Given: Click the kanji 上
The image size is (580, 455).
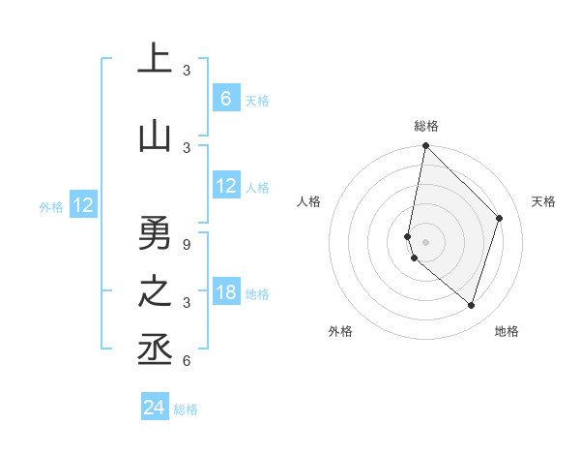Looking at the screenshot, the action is pyautogui.click(x=155, y=60).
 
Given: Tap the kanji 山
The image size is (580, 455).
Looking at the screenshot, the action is pyautogui.click(x=155, y=136).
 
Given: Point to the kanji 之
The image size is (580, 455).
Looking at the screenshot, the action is pyautogui.click(x=155, y=291).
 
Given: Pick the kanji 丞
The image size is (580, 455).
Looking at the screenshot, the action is pyautogui.click(x=155, y=349).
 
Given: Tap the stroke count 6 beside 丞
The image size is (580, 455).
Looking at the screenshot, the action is pyautogui.click(x=187, y=361).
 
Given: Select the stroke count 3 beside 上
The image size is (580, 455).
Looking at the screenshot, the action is pyautogui.click(x=187, y=71).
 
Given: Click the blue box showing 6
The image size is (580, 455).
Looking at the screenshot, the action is pyautogui.click(x=226, y=99).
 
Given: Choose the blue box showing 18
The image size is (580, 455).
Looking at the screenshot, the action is pyautogui.click(x=226, y=292).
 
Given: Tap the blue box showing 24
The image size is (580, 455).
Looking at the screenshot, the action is pyautogui.click(x=155, y=408).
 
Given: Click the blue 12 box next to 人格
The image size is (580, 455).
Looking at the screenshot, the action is pyautogui.click(x=226, y=186).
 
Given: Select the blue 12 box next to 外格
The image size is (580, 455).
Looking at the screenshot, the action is pyautogui.click(x=83, y=205).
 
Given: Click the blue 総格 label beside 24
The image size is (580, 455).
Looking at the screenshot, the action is pyautogui.click(x=186, y=409).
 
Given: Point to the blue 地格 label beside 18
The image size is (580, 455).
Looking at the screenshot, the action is pyautogui.click(x=257, y=294).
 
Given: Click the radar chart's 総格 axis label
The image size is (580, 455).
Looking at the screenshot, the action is pyautogui.click(x=426, y=126).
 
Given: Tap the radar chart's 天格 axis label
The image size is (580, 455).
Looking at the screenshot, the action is pyautogui.click(x=543, y=201).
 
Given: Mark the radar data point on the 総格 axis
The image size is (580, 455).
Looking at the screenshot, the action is pyautogui.click(x=425, y=146).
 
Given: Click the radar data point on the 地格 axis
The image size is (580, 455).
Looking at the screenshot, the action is pyautogui.click(x=472, y=305).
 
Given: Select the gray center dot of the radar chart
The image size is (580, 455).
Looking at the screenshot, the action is pyautogui.click(x=425, y=241).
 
